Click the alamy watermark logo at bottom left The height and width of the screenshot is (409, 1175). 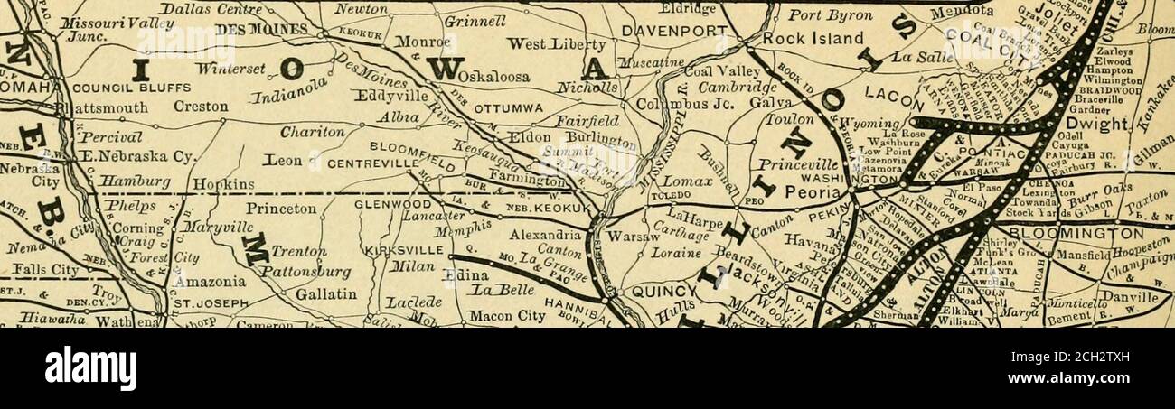[90, 368]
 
